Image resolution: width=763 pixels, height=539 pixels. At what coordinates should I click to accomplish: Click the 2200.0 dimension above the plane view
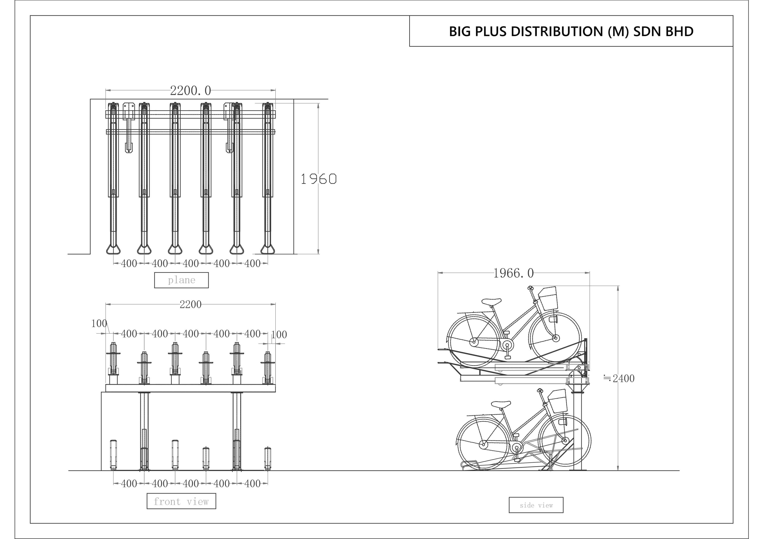click(190, 90)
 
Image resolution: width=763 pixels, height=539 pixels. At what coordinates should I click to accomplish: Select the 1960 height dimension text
click(318, 179)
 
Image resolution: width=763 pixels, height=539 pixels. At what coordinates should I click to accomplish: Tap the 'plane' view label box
click(181, 280)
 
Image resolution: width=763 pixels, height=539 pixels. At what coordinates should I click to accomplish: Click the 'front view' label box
click(181, 501)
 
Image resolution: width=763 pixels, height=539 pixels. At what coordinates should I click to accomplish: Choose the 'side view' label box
click(536, 505)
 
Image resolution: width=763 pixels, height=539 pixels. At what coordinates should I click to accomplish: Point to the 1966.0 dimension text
click(513, 273)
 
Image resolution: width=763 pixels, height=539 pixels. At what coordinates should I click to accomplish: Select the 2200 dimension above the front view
click(190, 304)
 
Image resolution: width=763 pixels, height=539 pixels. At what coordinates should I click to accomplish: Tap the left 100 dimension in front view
click(99, 323)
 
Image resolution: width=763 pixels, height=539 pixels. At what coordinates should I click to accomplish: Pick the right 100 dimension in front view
click(279, 334)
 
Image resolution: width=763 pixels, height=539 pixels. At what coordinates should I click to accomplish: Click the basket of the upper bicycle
click(548, 298)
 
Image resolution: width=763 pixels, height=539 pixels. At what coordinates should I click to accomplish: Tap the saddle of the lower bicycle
click(501, 404)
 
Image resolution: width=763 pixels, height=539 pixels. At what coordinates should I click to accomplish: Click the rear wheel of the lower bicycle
click(483, 444)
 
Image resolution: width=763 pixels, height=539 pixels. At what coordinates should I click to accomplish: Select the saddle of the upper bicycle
click(491, 302)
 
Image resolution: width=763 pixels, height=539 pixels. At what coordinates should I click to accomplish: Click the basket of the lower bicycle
click(557, 401)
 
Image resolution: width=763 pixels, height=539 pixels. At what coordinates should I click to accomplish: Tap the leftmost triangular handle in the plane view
click(113, 249)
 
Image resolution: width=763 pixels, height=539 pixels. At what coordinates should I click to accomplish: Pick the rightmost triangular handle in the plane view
click(267, 249)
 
